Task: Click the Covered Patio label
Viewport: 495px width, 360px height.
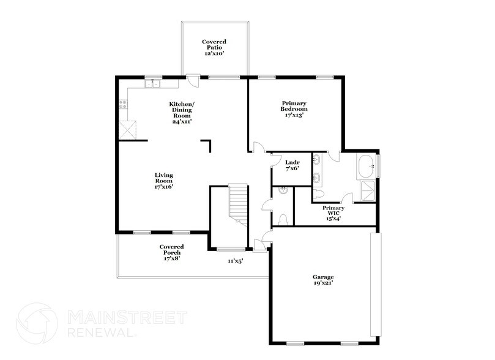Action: tap(214, 48)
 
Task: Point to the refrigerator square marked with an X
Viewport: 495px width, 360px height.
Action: tap(127, 129)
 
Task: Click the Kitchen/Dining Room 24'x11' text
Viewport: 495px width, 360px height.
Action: tap(182, 113)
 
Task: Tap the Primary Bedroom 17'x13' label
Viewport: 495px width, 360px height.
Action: tap(294, 109)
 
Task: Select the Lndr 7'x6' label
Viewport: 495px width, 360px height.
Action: tap(292, 165)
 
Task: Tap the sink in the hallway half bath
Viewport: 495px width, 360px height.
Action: tap(283, 192)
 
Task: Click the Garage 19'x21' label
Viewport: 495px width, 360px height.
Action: tap(322, 280)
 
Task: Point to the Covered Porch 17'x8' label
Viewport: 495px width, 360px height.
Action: tap(171, 252)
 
